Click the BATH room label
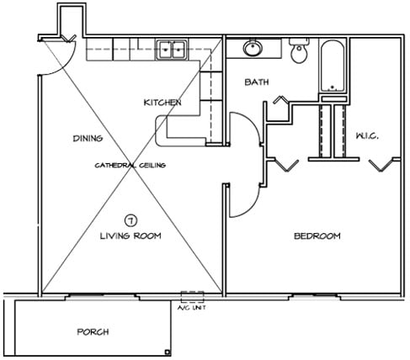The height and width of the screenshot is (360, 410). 257,82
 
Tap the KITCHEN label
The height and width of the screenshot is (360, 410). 162,103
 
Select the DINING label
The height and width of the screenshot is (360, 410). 88,138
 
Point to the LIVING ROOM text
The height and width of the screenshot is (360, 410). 130,236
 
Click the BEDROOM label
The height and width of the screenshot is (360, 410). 317,236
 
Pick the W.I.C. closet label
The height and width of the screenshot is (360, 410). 367,136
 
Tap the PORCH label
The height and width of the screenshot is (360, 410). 93,332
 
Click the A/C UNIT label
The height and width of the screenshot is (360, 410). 192,308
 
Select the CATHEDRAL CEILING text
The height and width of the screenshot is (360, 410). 130,165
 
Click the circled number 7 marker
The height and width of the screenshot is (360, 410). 130,221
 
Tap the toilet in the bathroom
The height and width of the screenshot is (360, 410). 299,50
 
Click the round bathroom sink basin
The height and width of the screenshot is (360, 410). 253,48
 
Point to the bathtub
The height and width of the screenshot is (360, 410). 333,66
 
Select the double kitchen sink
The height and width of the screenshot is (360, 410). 172,50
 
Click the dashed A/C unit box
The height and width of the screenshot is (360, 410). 192,297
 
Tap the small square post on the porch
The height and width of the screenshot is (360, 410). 168,352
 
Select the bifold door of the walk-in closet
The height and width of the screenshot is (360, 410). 381,166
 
